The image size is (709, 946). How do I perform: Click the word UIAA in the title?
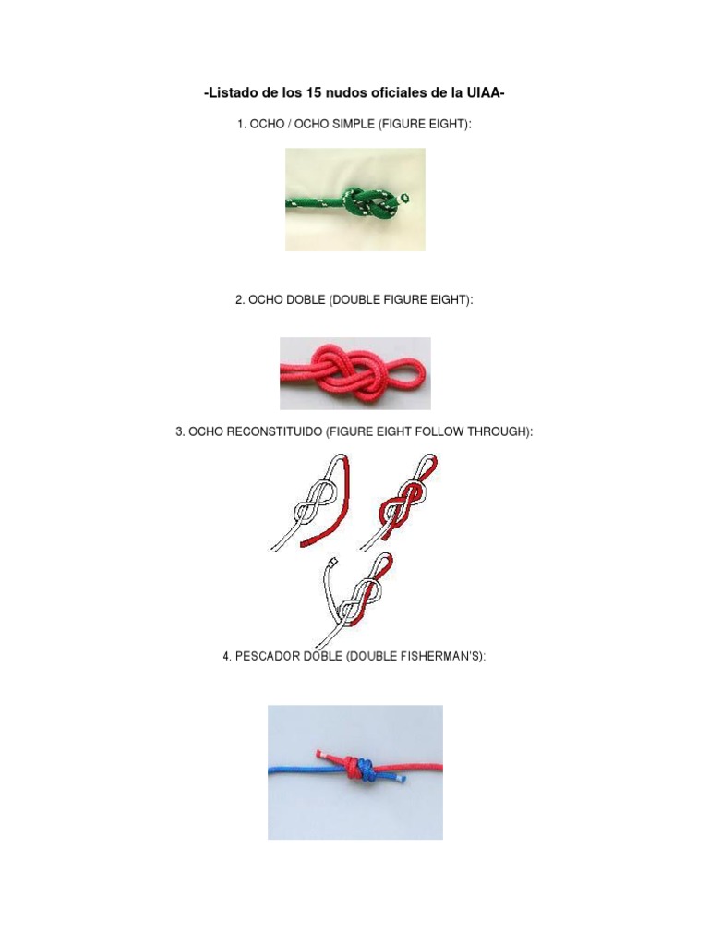(484, 93)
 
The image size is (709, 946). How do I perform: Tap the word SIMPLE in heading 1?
(354, 125)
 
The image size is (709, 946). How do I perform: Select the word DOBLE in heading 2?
(306, 300)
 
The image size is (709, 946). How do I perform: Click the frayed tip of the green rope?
(404, 197)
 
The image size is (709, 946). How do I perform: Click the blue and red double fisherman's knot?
(359, 770)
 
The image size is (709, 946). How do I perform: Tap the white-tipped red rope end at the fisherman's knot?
(320, 754)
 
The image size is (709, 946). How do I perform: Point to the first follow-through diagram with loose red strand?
(310, 502)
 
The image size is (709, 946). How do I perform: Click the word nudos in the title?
(343, 93)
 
